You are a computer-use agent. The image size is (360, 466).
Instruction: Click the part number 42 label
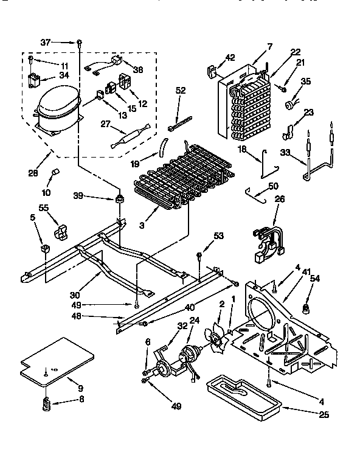click(229, 58)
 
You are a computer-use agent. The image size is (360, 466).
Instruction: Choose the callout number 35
click(306, 81)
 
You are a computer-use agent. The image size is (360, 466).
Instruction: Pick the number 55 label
click(43, 208)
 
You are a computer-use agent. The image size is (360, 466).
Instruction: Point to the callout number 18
click(241, 150)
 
